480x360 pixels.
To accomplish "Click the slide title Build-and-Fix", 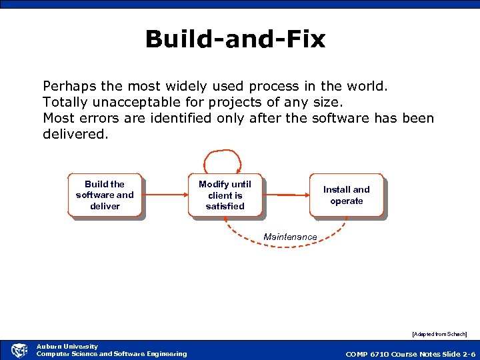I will [x=235, y=39].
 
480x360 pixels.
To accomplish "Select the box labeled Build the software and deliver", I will [x=105, y=195].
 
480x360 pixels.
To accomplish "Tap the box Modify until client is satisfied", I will [x=225, y=195].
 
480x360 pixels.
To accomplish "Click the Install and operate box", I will [x=347, y=195].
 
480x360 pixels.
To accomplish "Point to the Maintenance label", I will [x=290, y=237].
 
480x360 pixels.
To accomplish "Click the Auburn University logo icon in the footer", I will [x=19, y=350].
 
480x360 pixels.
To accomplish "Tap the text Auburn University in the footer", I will [x=67, y=346].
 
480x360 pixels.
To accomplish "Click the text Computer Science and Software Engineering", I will [x=111, y=354].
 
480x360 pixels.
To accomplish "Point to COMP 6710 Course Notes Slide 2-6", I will [x=410, y=354].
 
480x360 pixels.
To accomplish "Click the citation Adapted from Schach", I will [x=439, y=333].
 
